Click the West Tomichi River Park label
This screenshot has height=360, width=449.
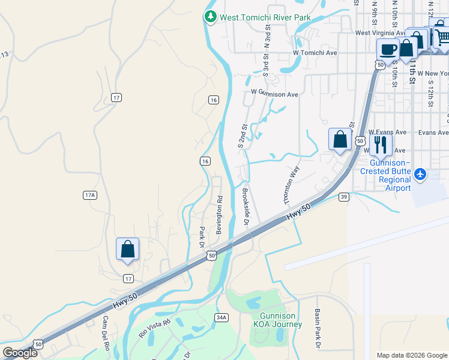[265, 17]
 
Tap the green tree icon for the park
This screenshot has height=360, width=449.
[210, 17]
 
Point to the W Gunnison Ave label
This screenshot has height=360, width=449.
[274, 94]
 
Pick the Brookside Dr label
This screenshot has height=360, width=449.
[246, 206]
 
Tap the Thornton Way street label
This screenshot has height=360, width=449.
[291, 184]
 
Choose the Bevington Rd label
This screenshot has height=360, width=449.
[219, 215]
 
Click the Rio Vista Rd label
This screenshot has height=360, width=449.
[151, 328]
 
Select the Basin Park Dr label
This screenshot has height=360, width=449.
[317, 328]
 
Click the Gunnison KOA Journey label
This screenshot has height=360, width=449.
[278, 320]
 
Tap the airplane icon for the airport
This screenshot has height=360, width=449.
[420, 175]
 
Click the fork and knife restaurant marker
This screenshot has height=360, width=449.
[381, 145]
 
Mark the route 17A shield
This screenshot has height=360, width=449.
[90, 195]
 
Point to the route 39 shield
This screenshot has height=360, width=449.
[343, 197]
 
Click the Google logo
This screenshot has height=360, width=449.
[19, 353]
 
